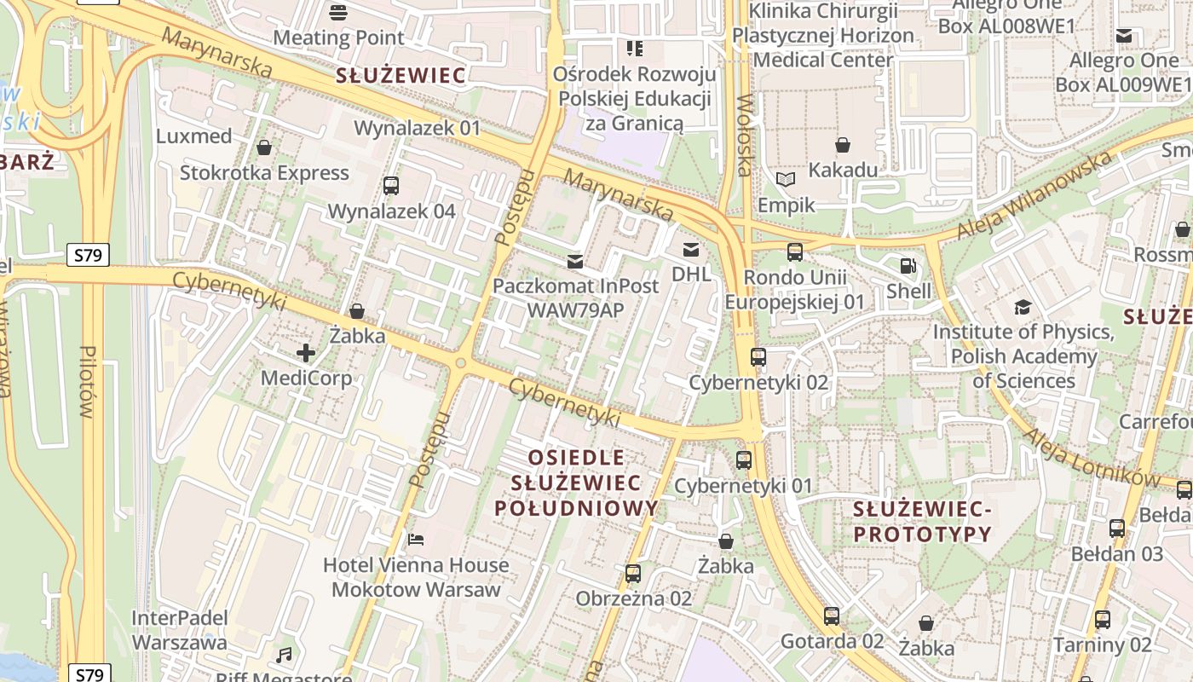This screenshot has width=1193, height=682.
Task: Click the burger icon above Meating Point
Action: [338, 12]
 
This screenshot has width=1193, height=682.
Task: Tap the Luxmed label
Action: [194, 136]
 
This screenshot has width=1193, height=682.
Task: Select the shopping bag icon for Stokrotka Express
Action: [264, 147]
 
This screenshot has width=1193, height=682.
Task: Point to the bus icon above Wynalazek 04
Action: [391, 185]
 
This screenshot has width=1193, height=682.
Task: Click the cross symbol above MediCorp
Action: [306, 352]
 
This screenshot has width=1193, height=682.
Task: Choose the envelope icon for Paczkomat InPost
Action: [575, 261]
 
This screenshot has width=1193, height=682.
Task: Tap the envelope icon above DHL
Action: [690, 250]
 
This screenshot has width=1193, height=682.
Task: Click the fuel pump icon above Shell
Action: [908, 266]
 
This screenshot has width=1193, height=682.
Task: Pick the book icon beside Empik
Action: [786, 180]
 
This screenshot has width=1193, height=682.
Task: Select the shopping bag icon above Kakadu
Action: [843, 145]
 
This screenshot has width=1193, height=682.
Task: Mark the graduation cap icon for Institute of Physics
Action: [1023, 307]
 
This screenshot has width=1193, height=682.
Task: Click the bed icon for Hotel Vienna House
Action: [416, 539]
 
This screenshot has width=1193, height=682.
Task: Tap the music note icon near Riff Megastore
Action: [284, 655]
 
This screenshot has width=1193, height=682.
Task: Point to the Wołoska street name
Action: [745, 135]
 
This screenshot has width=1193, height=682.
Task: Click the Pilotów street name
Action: [86, 381]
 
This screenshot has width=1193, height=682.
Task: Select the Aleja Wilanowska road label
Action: [1034, 195]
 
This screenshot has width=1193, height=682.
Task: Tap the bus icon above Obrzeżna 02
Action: [633, 573]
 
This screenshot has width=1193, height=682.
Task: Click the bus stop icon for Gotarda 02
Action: [832, 616]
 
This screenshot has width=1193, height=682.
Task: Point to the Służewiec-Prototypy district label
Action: [923, 522]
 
